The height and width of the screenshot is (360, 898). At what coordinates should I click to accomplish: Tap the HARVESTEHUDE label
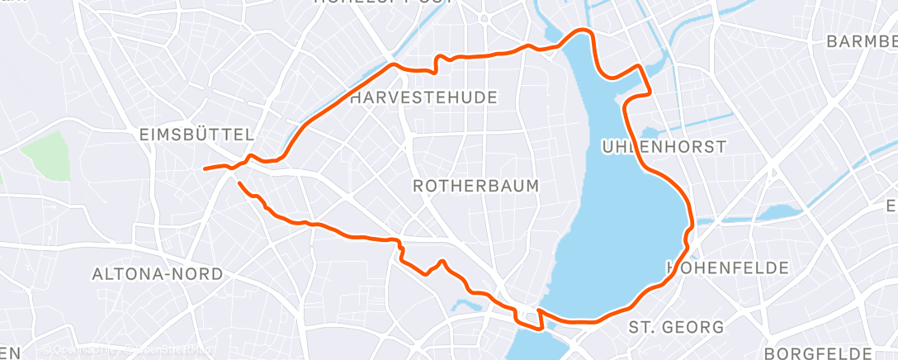click(424, 98)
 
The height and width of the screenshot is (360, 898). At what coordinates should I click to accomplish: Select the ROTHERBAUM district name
click(476, 186)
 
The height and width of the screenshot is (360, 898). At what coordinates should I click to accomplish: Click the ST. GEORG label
click(676, 328)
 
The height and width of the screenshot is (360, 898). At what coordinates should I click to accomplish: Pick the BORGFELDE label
click(830, 353)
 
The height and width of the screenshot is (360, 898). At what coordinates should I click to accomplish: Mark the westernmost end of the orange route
click(205, 168)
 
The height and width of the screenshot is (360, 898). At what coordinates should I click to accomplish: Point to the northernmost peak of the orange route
click(583, 31)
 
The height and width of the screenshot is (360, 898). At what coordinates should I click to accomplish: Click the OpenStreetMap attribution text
click(124, 351)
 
